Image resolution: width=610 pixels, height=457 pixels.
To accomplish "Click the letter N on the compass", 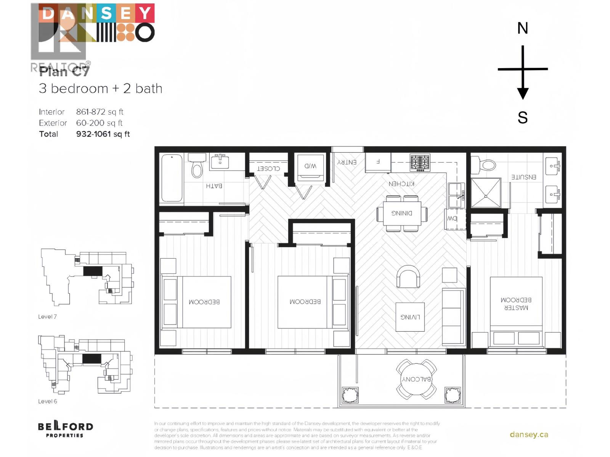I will tap(522, 28).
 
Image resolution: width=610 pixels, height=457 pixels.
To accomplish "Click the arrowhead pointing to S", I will tap(522, 93).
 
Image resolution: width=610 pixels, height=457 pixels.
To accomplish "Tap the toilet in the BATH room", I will tap(197, 167).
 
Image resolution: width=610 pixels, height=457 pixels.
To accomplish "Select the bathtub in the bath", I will tap(172, 178).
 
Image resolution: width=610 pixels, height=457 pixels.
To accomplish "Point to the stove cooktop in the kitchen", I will tap(420, 163).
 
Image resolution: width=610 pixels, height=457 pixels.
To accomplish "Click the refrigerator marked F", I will tap(378, 162).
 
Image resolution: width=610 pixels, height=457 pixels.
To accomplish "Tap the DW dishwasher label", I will tap(452, 219).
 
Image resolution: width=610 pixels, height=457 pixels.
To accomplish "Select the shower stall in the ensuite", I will tap(486, 193).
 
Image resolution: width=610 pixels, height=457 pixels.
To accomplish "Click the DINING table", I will tap(402, 213).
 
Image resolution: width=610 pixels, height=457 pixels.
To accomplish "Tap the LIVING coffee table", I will tap(410, 317).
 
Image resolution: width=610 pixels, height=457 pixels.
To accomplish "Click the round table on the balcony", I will tap(416, 379).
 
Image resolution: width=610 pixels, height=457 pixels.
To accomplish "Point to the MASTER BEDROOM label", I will tap(516, 304).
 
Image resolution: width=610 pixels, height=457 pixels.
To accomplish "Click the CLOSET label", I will tap(268, 168).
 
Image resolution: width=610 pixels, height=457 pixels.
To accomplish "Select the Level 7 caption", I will tap(47, 316).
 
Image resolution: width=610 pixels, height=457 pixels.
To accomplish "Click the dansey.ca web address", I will tap(529, 435).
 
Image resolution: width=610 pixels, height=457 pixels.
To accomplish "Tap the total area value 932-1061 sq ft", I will tap(103, 134).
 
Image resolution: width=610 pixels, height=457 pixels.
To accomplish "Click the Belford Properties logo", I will tap(65, 429).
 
